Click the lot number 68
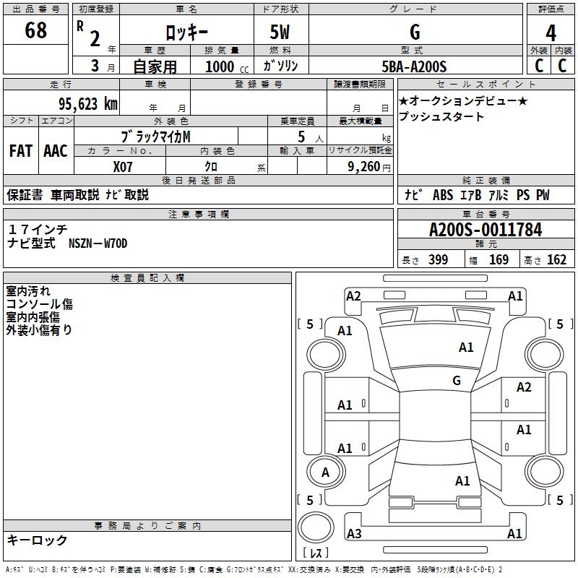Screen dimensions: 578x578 (35, 31)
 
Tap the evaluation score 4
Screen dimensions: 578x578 (551, 33)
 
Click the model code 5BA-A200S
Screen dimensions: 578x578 (414, 66)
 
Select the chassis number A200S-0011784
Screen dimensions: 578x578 (485, 230)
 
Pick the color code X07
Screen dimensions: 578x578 (124, 165)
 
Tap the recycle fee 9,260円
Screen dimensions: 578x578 (368, 166)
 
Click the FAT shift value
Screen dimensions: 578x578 (20, 151)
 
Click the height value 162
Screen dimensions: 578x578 (556, 259)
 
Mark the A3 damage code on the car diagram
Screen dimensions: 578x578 (354, 534)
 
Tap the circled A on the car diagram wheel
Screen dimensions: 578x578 (325, 473)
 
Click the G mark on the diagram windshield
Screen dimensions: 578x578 (456, 380)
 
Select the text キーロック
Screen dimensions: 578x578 (38, 540)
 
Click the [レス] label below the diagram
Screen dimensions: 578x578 (316, 553)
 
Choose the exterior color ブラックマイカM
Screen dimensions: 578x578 (155, 136)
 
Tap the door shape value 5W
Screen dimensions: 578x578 (280, 33)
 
